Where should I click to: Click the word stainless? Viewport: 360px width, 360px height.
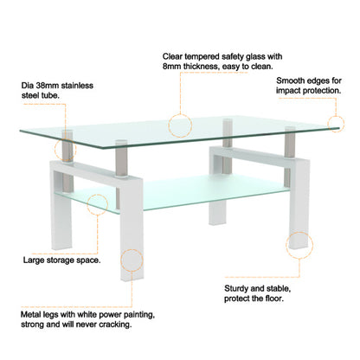point(79,87)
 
